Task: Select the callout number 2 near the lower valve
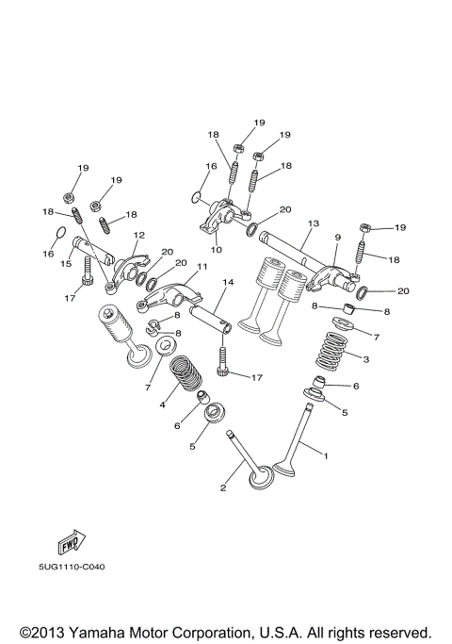point(223,487)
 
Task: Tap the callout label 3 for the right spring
point(366,359)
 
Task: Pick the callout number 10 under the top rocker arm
point(216,250)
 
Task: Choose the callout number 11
point(201,268)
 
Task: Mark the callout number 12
point(138,235)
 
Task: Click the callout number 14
point(227,282)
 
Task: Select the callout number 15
point(66,264)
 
